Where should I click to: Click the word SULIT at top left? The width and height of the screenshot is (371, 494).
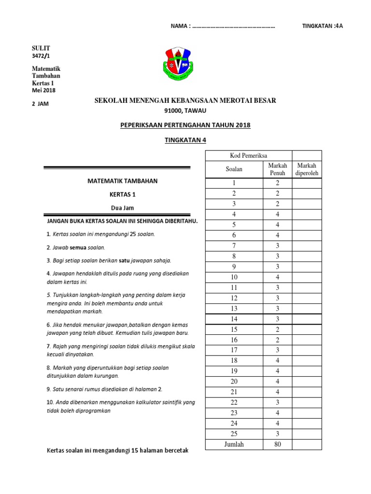[x=41, y=48]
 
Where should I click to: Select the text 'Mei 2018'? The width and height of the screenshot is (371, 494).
[x=43, y=90]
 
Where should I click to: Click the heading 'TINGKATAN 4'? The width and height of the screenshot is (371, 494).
[x=185, y=139]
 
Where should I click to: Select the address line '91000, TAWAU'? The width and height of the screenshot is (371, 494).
[x=185, y=110]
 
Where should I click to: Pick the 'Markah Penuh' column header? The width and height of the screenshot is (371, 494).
[x=277, y=169]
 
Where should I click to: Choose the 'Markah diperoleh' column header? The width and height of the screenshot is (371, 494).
[x=307, y=169]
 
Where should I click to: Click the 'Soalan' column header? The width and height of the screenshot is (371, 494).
[x=234, y=169]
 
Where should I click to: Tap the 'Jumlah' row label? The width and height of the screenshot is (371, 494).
[x=234, y=444]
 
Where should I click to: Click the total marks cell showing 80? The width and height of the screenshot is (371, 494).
[x=277, y=444]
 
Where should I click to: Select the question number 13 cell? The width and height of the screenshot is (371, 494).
[x=234, y=309]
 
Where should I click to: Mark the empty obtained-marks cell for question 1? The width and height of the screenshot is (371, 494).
[x=307, y=183]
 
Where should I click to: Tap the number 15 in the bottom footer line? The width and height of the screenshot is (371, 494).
[x=128, y=451]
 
